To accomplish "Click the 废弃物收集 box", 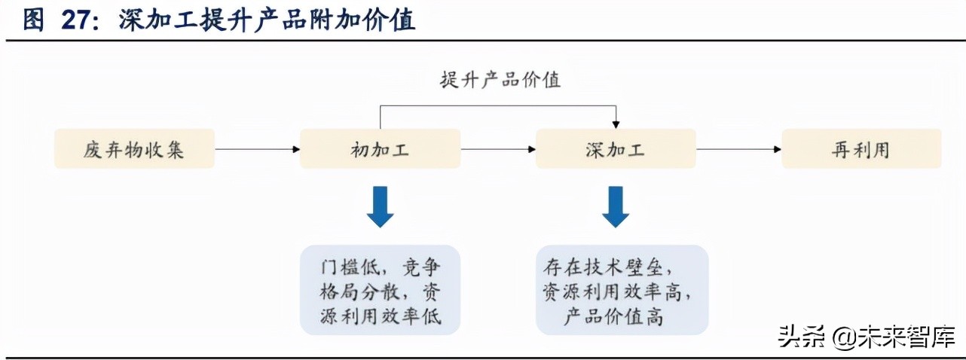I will pyautogui.click(x=134, y=149).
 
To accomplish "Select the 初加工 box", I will pyautogui.click(x=380, y=149).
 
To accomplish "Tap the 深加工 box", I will pyautogui.click(x=615, y=149).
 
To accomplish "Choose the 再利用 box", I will pyautogui.click(x=861, y=149).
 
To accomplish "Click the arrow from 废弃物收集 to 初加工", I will pyautogui.click(x=256, y=149).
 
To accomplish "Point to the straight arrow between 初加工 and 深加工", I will pyautogui.click(x=497, y=149).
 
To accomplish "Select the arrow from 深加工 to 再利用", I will pyautogui.click(x=738, y=149).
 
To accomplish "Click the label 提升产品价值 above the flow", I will pyautogui.click(x=500, y=80).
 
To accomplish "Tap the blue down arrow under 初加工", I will pyautogui.click(x=380, y=206).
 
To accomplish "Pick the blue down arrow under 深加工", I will pyautogui.click(x=615, y=206).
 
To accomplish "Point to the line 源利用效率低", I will pyautogui.click(x=380, y=317).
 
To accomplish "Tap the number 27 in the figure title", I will pyautogui.click(x=76, y=20).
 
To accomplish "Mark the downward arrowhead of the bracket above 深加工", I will pyautogui.click(x=616, y=124).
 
